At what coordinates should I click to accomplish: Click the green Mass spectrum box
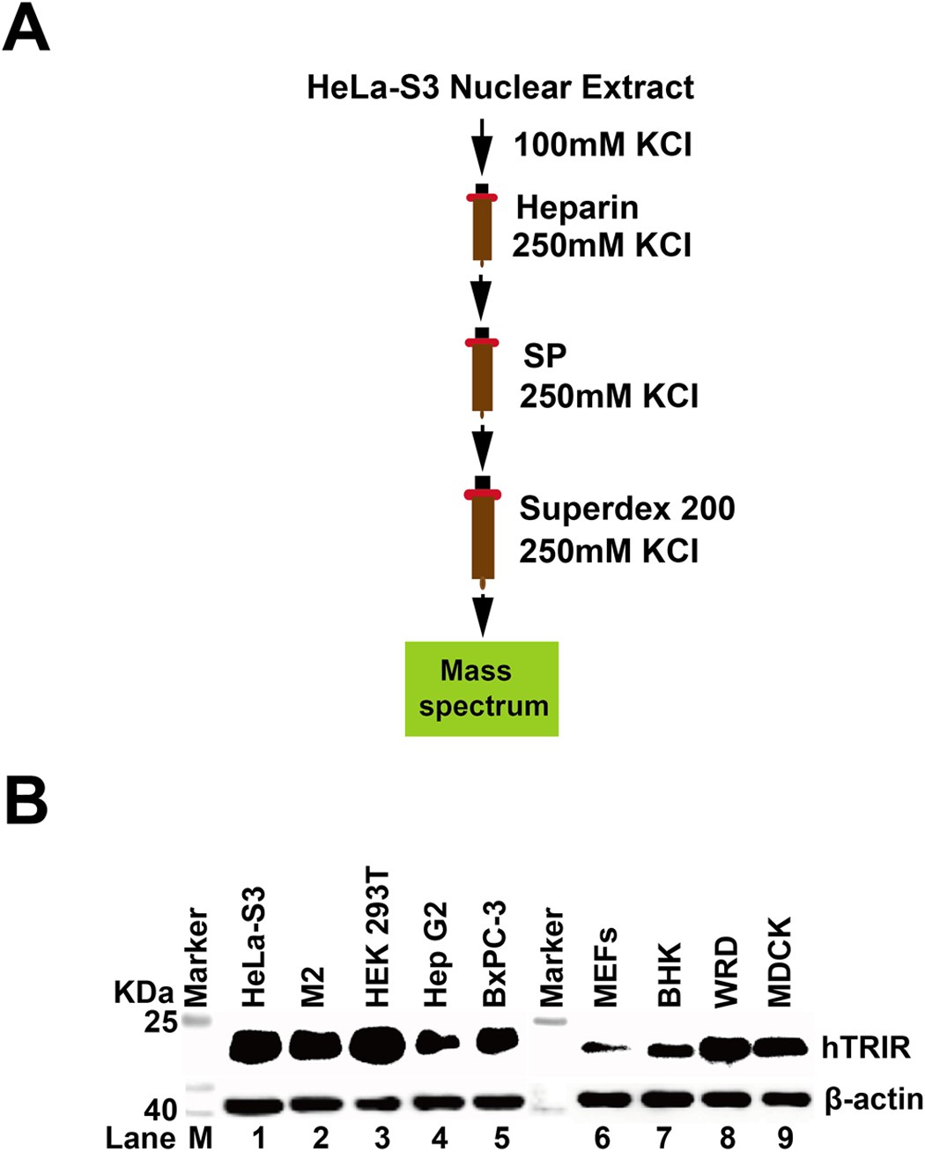pyautogui.click(x=481, y=688)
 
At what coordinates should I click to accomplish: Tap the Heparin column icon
pyautogui.click(x=481, y=224)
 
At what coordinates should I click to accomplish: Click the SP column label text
pyautogui.click(x=544, y=355)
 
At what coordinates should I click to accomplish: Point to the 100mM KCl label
pyautogui.click(x=603, y=144)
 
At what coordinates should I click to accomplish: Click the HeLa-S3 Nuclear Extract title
pyautogui.click(x=500, y=88)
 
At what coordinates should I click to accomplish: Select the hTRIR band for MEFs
pyautogui.click(x=604, y=1047)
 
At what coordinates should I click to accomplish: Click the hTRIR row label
pyautogui.click(x=865, y=1047)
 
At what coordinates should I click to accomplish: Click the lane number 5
pyautogui.click(x=501, y=1137)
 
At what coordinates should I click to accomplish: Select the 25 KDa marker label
pyautogui.click(x=161, y=1022)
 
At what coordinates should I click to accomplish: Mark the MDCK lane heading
pyautogui.click(x=780, y=962)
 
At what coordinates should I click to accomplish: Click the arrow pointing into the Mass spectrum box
pyautogui.click(x=482, y=615)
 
